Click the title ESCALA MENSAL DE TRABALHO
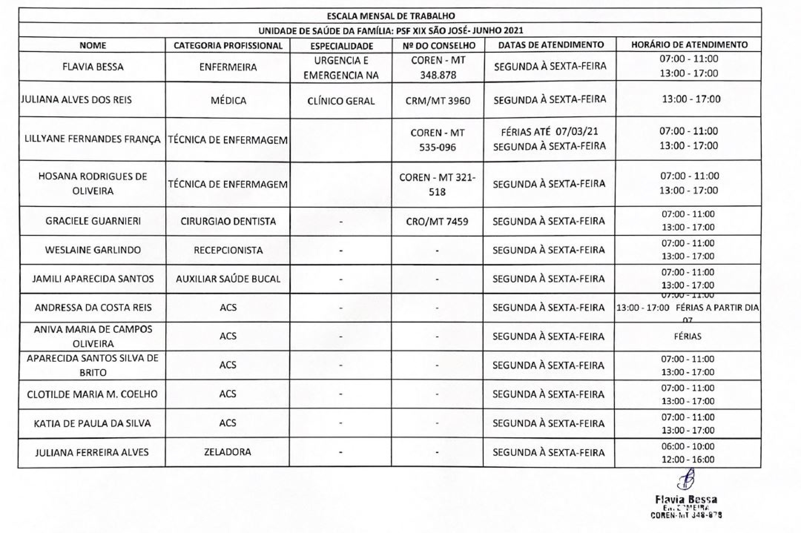(391, 16)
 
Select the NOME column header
(93, 45)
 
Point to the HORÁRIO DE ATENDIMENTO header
(689, 44)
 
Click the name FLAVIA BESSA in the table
(93, 67)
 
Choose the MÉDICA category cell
(228, 100)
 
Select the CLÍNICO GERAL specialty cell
(341, 101)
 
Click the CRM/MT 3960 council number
(438, 101)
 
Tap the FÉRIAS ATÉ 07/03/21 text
(549, 132)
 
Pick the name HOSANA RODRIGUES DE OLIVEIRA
(93, 183)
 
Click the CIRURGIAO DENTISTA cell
(228, 221)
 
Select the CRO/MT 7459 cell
(437, 222)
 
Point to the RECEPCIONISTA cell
(228, 250)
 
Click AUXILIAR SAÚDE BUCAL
(228, 279)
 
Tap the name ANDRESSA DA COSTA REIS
(93, 308)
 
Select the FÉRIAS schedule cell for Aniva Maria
(688, 337)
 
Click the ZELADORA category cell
(227, 452)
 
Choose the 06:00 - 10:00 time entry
(688, 446)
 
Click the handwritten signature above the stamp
(686, 479)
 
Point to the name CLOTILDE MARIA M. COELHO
(92, 394)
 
